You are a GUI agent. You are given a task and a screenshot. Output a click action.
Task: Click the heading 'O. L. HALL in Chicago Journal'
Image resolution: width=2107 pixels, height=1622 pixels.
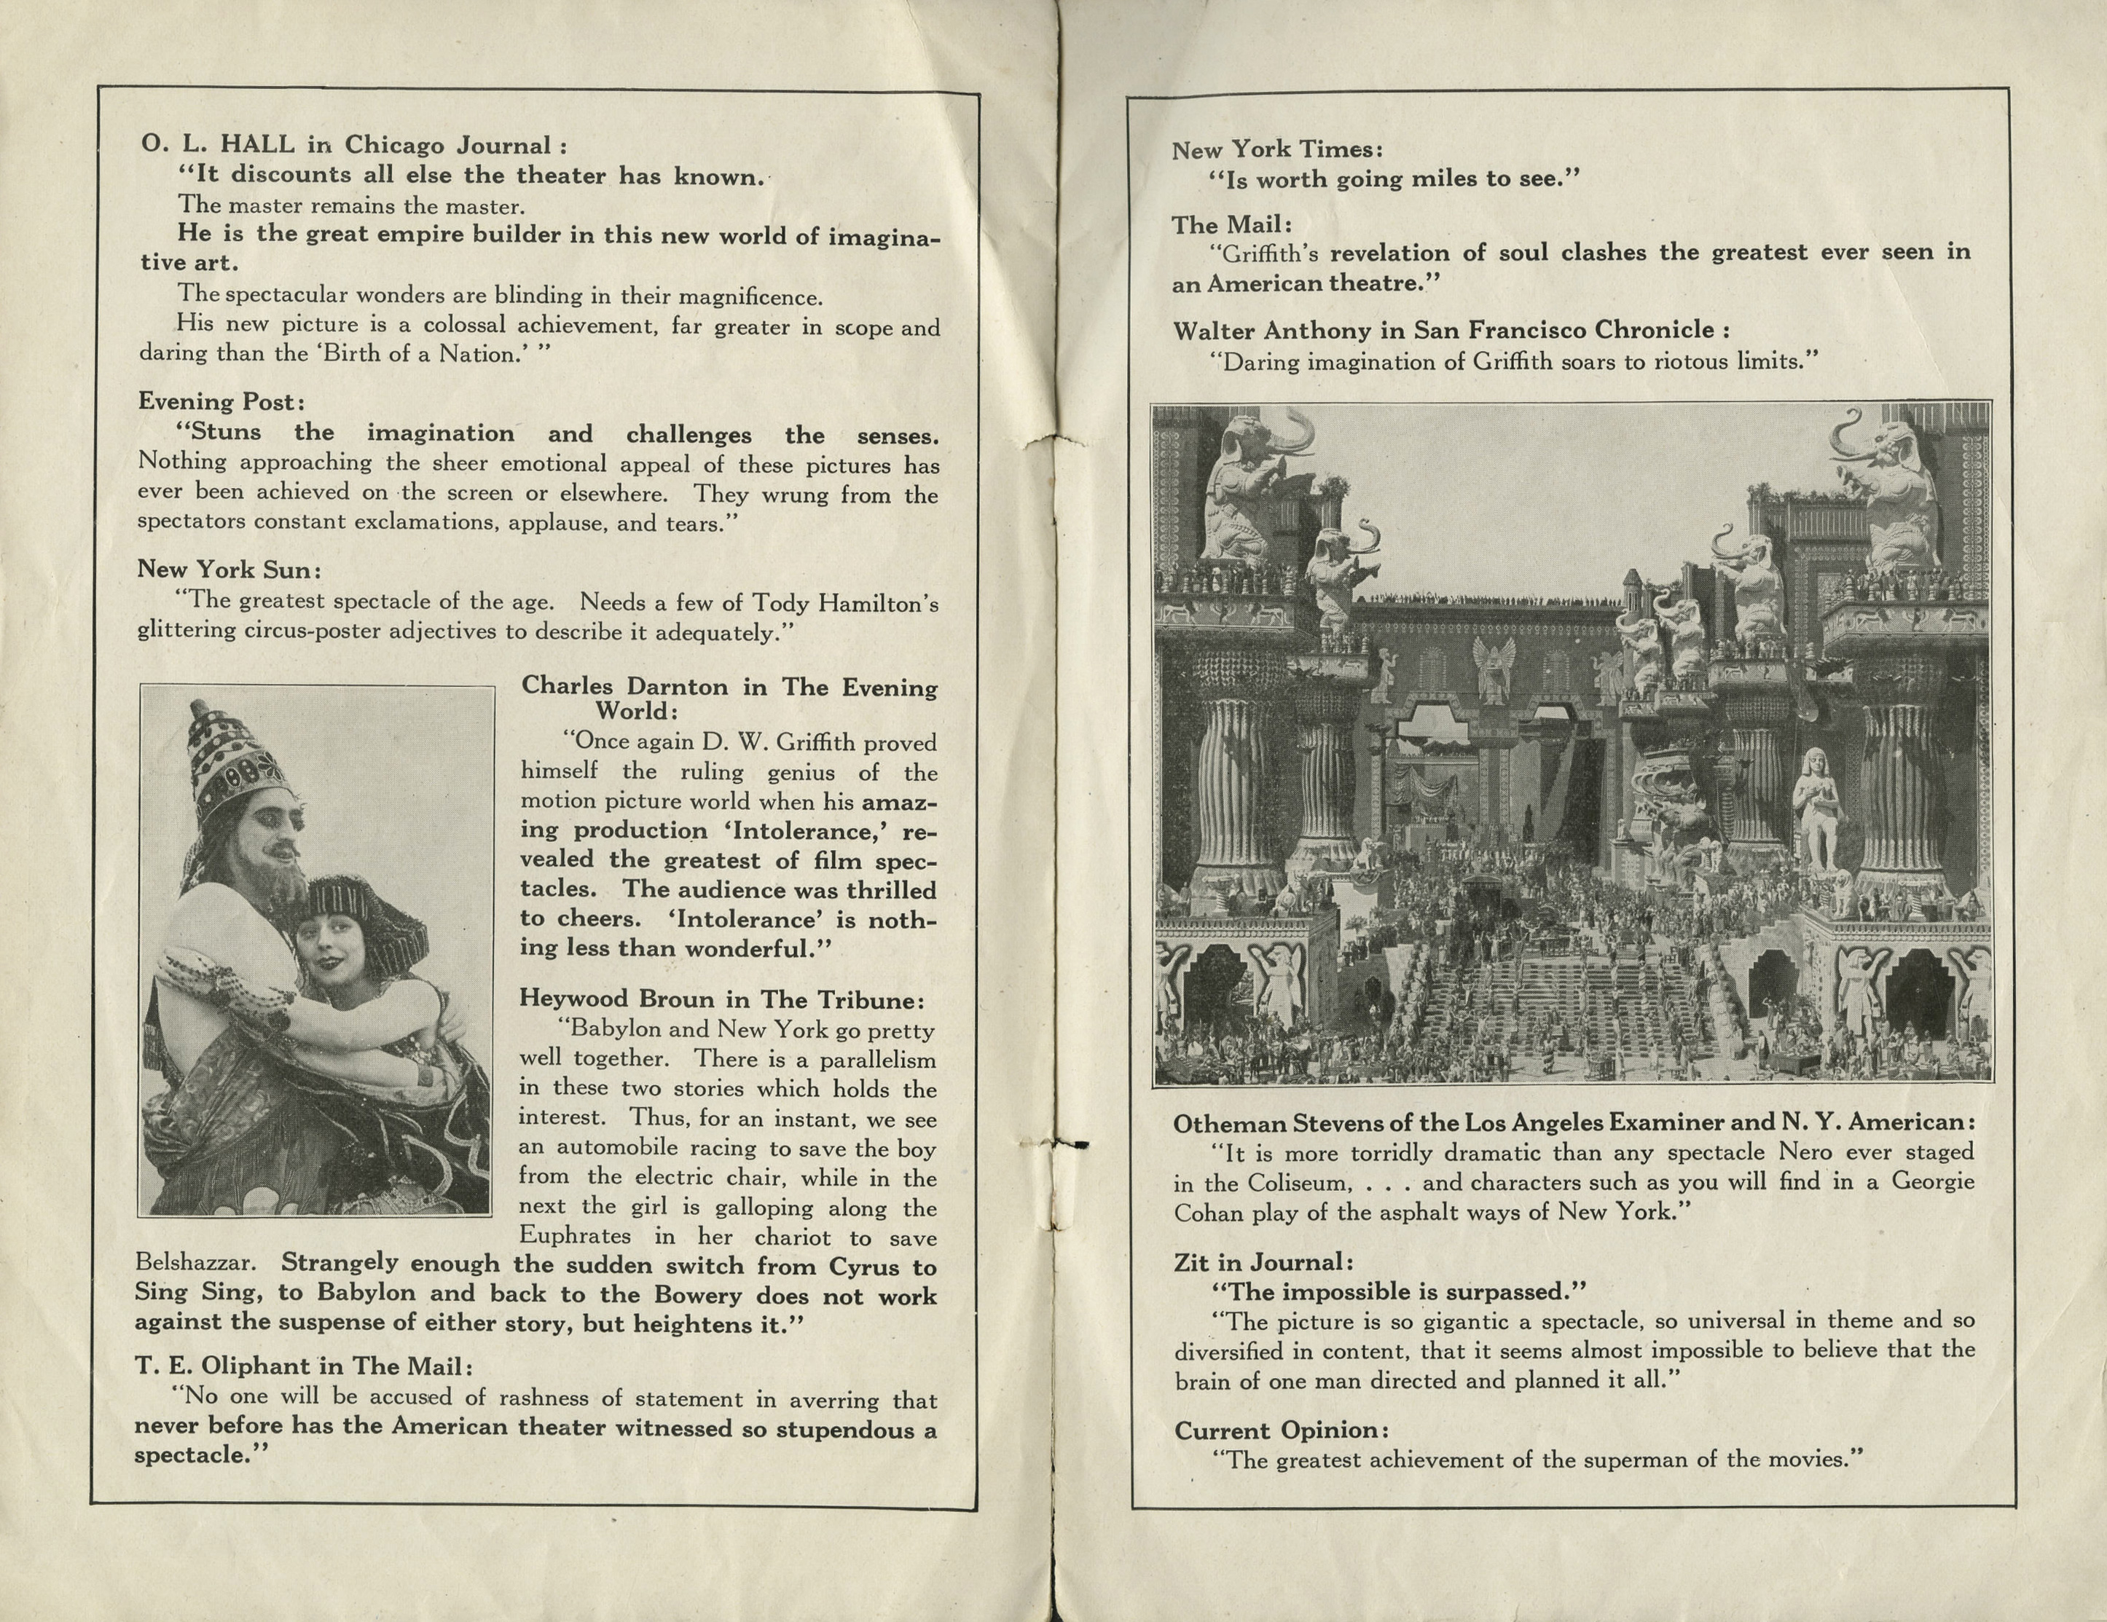pyautogui.click(x=353, y=146)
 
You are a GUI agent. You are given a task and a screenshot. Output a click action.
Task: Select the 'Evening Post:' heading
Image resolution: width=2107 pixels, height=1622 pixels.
pyautogui.click(x=221, y=401)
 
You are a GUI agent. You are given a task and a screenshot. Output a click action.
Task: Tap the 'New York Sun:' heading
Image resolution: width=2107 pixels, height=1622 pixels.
pyautogui.click(x=229, y=570)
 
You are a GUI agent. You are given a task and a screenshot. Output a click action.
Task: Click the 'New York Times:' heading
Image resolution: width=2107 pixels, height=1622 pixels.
pyautogui.click(x=1277, y=149)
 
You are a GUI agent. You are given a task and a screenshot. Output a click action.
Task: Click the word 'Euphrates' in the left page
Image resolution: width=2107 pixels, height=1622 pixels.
pyautogui.click(x=575, y=1236)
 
